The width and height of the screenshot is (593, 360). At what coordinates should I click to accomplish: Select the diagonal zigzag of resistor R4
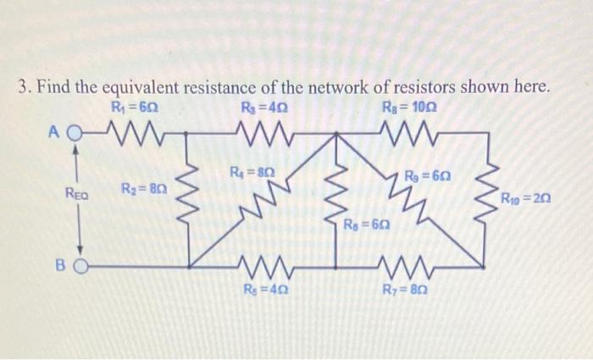click(263, 204)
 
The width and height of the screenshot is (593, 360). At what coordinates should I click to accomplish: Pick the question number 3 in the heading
click(22, 88)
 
